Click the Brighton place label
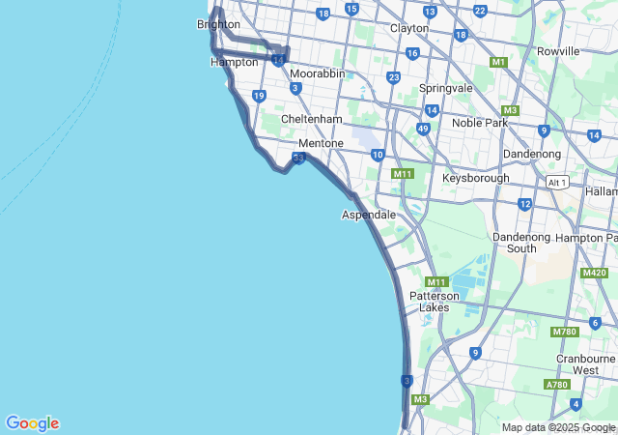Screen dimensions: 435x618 pyautogui.click(x=217, y=24)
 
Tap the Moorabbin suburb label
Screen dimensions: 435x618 pyautogui.click(x=318, y=73)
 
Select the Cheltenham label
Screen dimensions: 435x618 pyautogui.click(x=311, y=119)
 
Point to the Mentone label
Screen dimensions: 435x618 pyautogui.click(x=321, y=143)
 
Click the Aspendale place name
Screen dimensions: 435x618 pyautogui.click(x=368, y=214)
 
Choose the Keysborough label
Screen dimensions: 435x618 pyautogui.click(x=475, y=179)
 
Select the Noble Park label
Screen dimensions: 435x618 pyautogui.click(x=480, y=123)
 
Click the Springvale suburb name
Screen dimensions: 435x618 pyautogui.click(x=446, y=88)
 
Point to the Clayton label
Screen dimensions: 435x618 pyautogui.click(x=408, y=28)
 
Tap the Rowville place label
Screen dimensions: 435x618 pyautogui.click(x=558, y=50)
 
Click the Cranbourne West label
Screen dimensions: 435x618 pyautogui.click(x=585, y=363)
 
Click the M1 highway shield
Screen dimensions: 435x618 pyautogui.click(x=498, y=62)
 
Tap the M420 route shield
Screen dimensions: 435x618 pyautogui.click(x=594, y=273)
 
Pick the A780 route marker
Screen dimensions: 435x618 pyautogui.click(x=556, y=384)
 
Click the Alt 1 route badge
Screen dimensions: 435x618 pyautogui.click(x=556, y=182)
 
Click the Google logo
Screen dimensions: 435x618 pyautogui.click(x=32, y=423)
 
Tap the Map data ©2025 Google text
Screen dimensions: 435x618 pyautogui.click(x=558, y=427)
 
